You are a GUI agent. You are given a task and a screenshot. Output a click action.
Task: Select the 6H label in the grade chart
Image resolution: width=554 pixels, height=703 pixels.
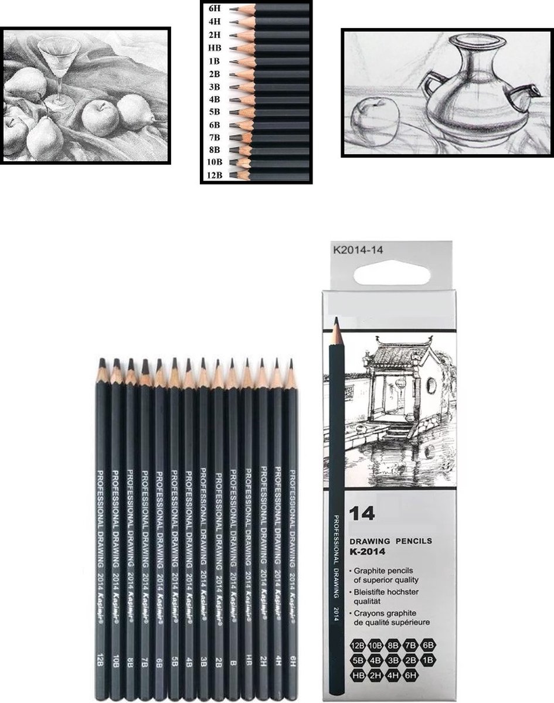click(x=215, y=9)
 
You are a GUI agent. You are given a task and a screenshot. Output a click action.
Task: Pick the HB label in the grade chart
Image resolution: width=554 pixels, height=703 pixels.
click(x=215, y=48)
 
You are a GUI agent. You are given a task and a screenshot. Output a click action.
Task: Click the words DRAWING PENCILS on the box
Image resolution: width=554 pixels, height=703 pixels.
click(x=390, y=541)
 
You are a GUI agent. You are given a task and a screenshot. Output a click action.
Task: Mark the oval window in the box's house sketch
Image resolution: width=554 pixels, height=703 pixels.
click(x=431, y=385)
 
